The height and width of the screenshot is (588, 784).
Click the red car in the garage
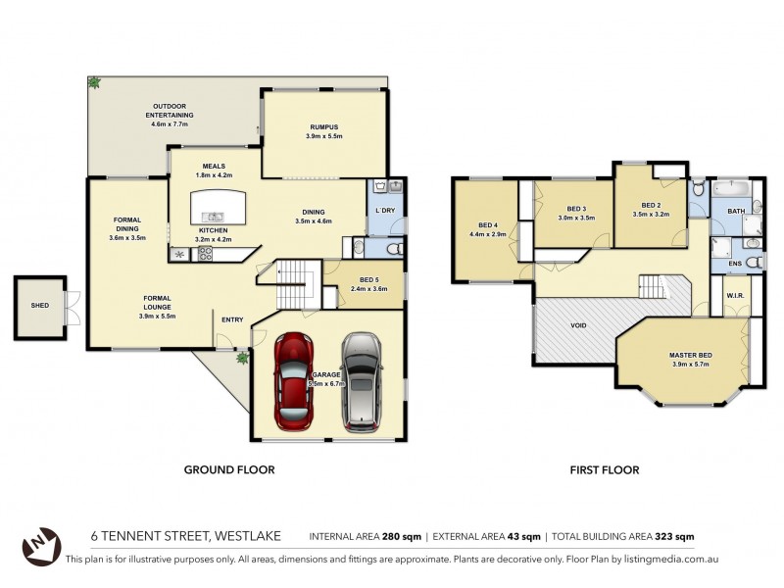[x=294, y=382]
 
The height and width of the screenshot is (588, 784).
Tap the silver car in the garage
[x=361, y=382]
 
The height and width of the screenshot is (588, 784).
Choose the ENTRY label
[x=232, y=319]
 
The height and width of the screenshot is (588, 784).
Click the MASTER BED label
[x=690, y=355]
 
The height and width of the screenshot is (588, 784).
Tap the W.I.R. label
[x=735, y=294]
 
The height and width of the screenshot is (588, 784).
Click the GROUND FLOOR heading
[x=229, y=470]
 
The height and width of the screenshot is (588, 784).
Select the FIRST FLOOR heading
[x=604, y=470]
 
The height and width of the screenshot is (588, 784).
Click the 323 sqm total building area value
[x=672, y=536]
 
